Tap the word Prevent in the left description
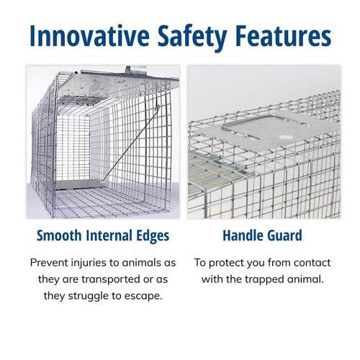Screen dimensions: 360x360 pyautogui.click(x=52, y=262)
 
